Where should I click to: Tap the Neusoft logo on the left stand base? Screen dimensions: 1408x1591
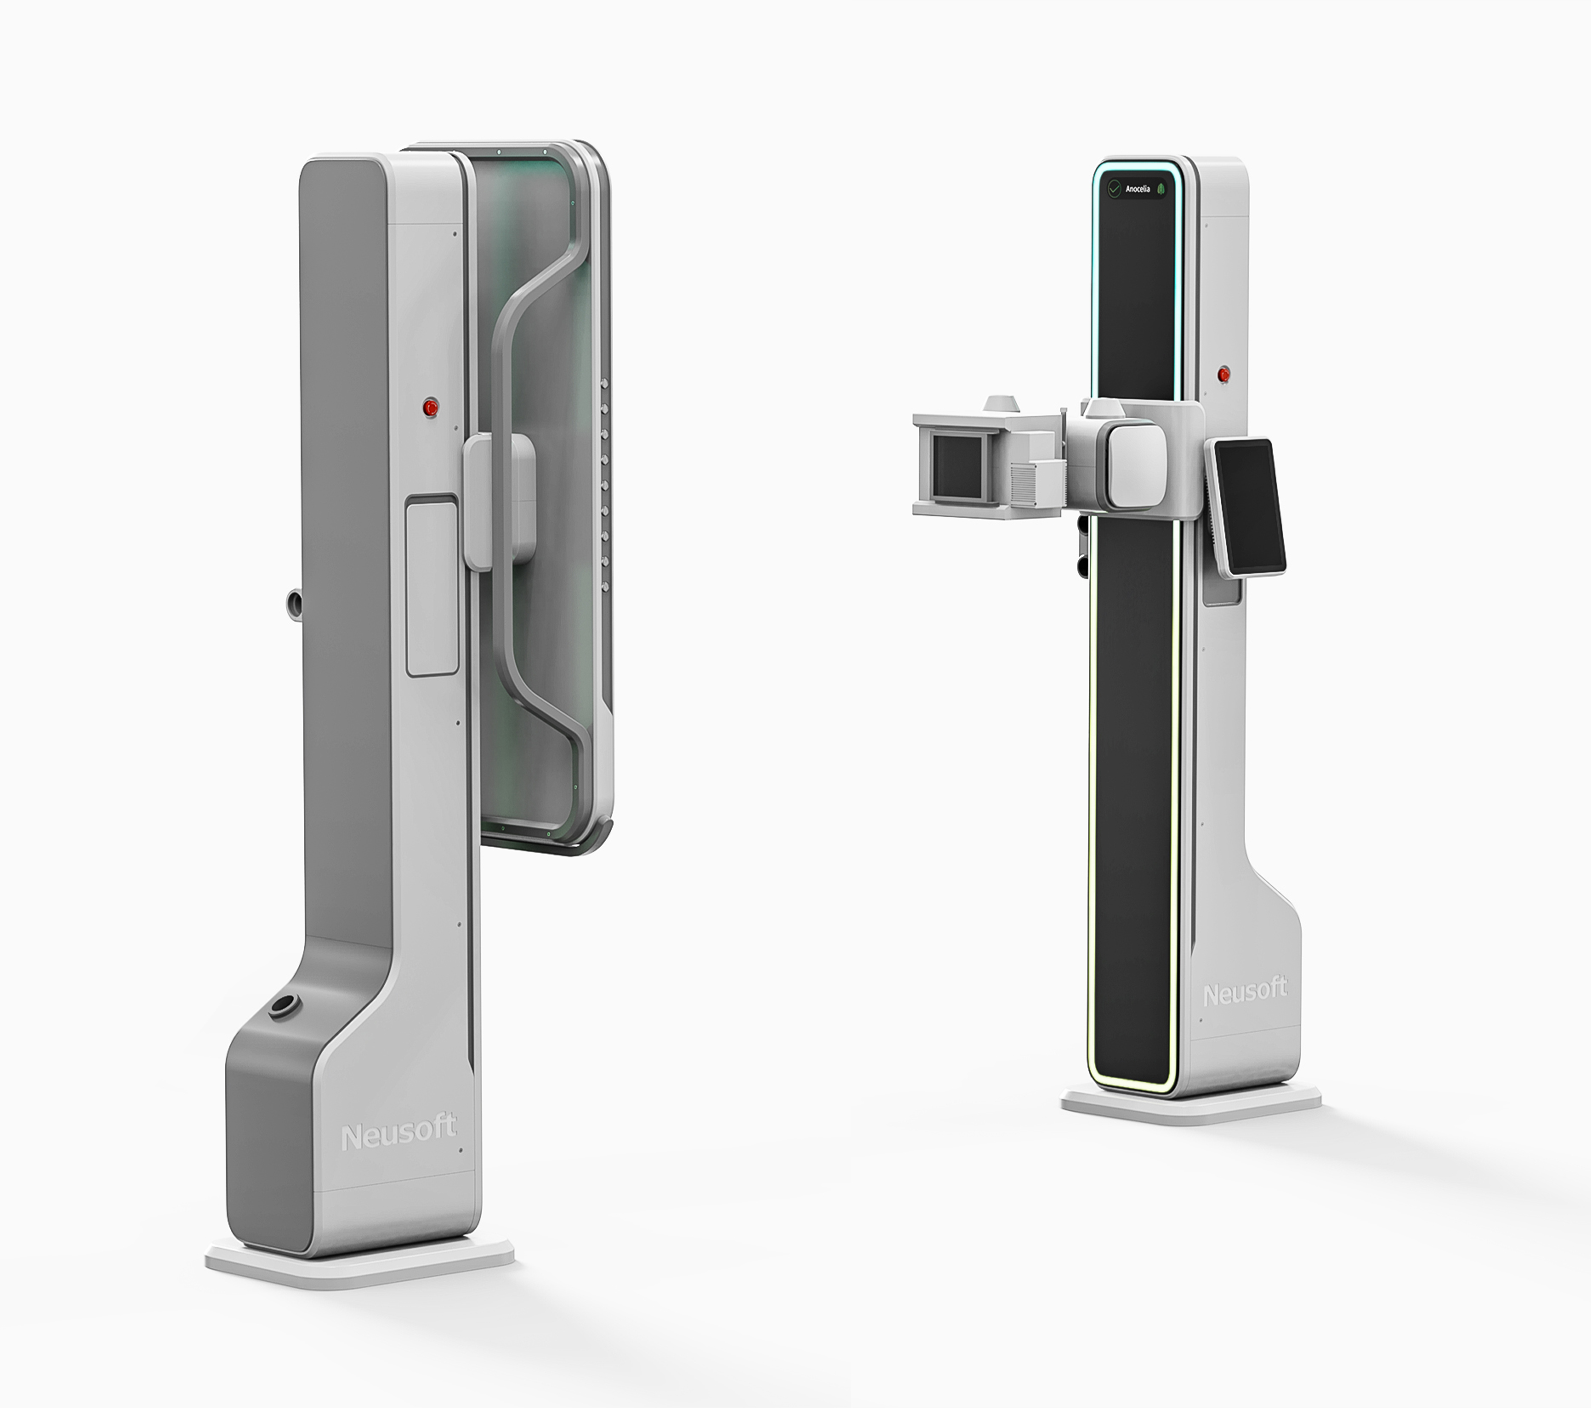(x=399, y=1133)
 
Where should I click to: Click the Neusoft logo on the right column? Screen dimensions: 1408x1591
(x=1245, y=992)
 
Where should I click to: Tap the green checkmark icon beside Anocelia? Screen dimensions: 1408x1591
(x=1114, y=189)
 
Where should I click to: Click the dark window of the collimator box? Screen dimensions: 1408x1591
(x=958, y=467)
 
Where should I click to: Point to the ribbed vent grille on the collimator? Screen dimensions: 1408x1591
(x=1028, y=483)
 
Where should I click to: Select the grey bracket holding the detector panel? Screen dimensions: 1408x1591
(x=498, y=499)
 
